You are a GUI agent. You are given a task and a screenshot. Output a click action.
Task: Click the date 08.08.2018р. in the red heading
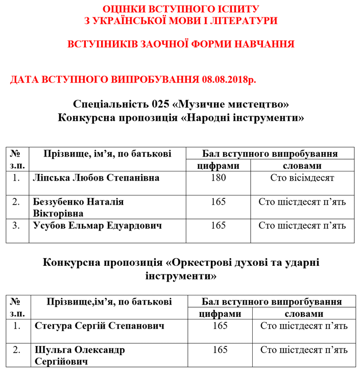point(228,80)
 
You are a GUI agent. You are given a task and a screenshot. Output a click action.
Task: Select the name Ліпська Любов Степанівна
point(96,178)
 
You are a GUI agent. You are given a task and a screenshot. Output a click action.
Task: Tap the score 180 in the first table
point(218,178)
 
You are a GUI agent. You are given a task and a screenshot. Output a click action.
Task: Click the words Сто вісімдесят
point(302,178)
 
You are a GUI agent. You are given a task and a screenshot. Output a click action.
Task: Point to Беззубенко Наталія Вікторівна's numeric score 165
point(218,202)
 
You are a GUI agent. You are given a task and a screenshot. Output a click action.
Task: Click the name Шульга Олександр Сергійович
point(80,356)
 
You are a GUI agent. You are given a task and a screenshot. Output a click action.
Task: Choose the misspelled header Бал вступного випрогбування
point(272,302)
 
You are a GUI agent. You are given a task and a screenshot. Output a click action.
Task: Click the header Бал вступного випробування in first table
point(270,154)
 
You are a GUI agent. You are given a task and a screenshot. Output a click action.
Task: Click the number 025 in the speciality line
point(160,105)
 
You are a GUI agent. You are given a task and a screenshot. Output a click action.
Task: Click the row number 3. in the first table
point(17,226)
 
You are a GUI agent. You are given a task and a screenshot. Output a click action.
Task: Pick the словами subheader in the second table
point(303,313)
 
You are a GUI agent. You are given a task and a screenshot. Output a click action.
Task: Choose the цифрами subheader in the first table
point(218,166)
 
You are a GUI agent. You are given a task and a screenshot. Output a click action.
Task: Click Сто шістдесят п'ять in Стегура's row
point(304,325)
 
